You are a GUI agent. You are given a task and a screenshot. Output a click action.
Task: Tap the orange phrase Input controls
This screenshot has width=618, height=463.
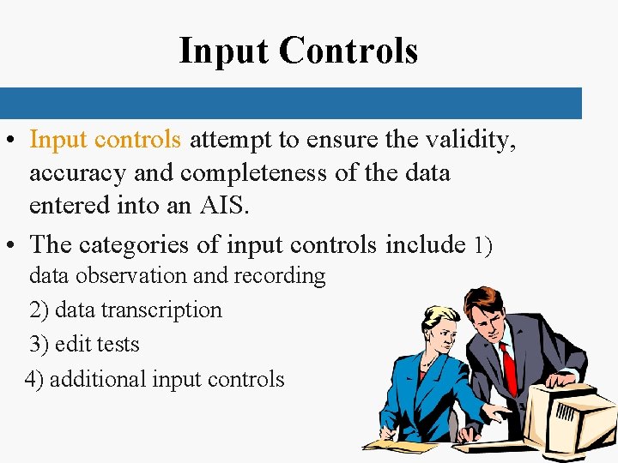click(106, 139)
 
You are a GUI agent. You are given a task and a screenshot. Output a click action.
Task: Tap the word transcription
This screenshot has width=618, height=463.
click(162, 310)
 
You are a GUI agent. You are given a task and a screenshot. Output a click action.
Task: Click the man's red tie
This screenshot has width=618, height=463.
click(508, 368)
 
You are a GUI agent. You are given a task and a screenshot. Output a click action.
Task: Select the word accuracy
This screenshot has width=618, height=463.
click(78, 173)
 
